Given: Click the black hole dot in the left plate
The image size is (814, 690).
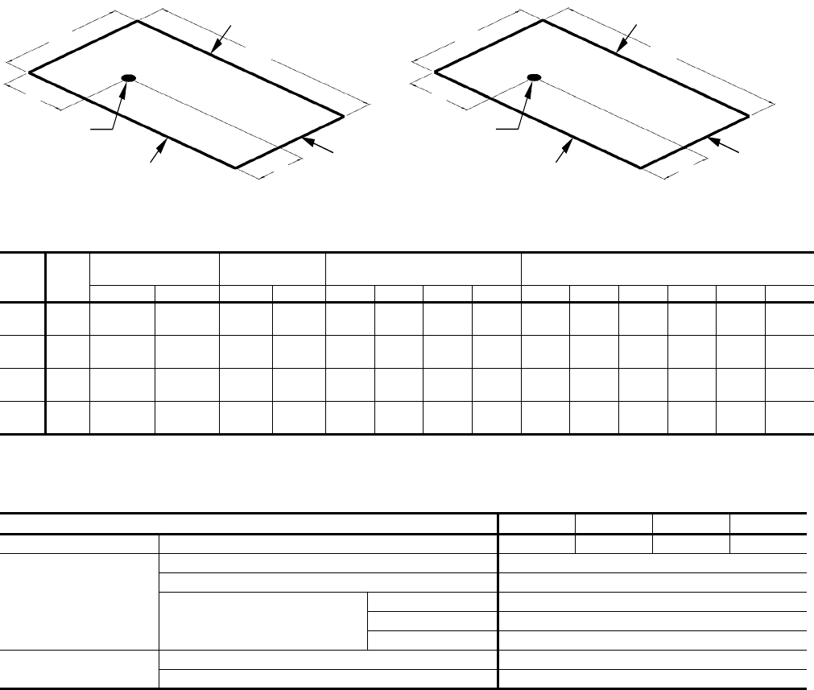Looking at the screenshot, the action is [128, 77].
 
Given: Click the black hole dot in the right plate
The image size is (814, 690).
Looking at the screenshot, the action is [533, 77].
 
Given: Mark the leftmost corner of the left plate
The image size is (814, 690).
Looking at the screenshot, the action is [30, 72].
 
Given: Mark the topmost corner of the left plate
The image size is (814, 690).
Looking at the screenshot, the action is [138, 21].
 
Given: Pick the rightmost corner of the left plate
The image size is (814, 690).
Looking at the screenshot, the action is [344, 117].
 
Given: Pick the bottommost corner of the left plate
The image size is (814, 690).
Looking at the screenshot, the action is [235, 167].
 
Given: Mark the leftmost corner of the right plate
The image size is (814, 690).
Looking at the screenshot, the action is [435, 72].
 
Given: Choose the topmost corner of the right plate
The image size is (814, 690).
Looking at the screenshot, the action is [543, 21].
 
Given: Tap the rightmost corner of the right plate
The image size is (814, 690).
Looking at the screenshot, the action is [749, 117].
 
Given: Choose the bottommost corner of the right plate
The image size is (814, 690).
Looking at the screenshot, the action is [640, 167].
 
